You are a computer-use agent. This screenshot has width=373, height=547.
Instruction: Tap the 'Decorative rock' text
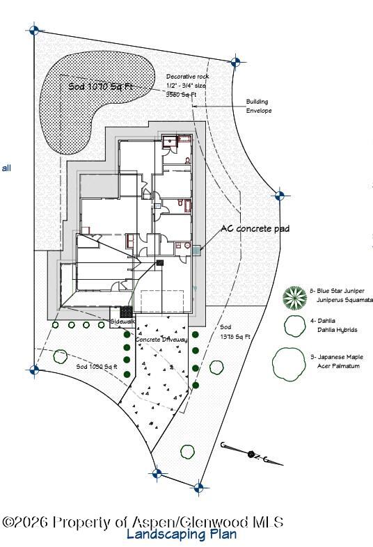point(187,77)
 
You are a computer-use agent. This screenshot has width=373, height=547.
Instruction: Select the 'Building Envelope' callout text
point(258,106)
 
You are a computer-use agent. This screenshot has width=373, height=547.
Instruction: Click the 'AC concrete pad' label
point(255,228)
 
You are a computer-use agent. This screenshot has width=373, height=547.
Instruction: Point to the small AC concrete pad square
point(197,248)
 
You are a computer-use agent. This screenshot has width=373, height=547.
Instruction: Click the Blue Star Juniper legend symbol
point(294,297)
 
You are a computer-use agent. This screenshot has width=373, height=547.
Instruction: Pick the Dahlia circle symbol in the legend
point(294,325)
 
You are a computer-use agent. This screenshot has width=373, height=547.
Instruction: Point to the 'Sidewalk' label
point(123,322)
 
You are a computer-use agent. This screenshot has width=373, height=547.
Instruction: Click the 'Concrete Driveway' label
point(161,339)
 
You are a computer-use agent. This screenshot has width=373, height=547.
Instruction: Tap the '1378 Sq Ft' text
point(235,336)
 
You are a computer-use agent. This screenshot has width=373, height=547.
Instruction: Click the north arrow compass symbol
point(252,454)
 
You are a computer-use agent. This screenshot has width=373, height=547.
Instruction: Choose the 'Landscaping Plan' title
point(182,534)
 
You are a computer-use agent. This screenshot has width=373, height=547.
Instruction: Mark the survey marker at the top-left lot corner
point(33,30)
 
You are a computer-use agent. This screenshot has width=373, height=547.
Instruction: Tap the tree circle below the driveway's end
point(186,451)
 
